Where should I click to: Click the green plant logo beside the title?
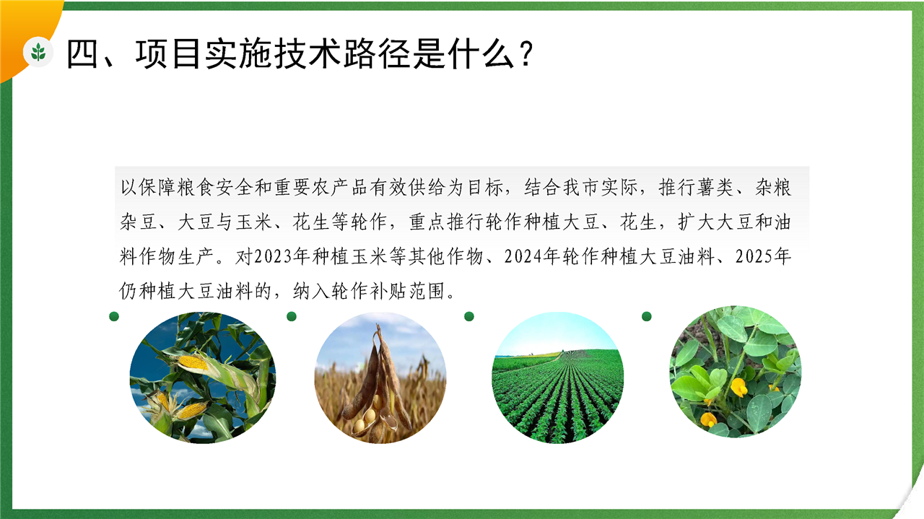(38, 53)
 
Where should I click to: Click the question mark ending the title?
(526, 53)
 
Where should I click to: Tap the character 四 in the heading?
(82, 54)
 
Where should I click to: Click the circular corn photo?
(203, 378)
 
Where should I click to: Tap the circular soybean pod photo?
(380, 378)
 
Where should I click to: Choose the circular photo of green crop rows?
(558, 378)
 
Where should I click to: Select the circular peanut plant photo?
(735, 371)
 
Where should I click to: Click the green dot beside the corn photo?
(114, 316)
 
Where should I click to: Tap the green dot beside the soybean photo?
(292, 316)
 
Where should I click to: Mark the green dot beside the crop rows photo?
(469, 316)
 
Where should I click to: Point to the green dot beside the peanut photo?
(647, 316)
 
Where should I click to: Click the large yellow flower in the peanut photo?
(739, 387)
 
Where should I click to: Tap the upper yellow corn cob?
(192, 362)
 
